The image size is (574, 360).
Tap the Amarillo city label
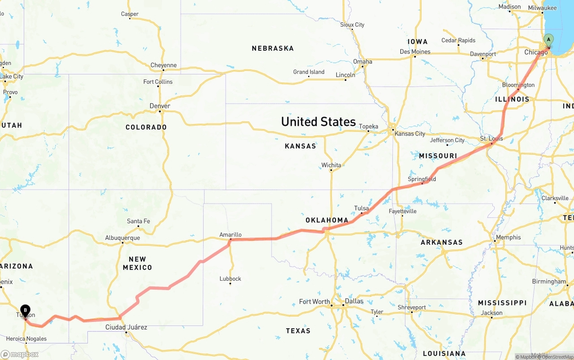click(230, 234)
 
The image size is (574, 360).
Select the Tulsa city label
click(361, 208)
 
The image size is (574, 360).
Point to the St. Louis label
click(491, 138)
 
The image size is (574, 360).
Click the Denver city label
click(160, 106)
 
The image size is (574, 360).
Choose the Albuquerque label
click(122, 238)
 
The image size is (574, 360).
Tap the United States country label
click(318, 121)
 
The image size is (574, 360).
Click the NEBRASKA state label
click(273, 48)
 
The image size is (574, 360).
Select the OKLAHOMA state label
click(327, 220)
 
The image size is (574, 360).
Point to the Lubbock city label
click(230, 278)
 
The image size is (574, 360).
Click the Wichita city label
click(331, 165)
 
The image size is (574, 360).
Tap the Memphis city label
click(508, 237)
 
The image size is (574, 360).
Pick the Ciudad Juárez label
click(126, 327)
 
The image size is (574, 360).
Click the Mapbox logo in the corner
click(20, 354)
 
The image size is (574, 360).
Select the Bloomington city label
click(518, 85)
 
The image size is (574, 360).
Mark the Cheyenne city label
click(163, 65)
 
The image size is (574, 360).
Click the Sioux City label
click(352, 25)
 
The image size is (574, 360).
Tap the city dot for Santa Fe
click(139, 226)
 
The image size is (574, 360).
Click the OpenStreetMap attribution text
click(557, 357)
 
